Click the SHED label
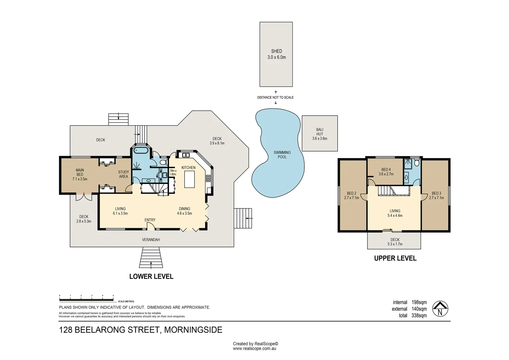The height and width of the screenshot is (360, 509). (276, 51)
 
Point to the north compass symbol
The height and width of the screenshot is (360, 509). (440, 309)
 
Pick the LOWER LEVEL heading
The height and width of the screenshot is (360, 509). (151, 276)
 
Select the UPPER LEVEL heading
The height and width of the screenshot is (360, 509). (395, 258)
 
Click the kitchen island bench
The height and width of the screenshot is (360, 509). (189, 179)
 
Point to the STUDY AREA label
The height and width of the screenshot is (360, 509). (123, 174)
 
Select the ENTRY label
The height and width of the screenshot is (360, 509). (150, 220)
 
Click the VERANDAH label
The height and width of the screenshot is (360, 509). (151, 240)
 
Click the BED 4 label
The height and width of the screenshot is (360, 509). (386, 170)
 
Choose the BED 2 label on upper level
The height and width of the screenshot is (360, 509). (351, 193)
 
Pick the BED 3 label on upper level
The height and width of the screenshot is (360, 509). (436, 193)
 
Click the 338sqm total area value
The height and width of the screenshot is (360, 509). (419, 315)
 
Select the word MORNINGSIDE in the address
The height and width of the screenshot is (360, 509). (193, 330)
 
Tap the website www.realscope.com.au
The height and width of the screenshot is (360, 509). (254, 349)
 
